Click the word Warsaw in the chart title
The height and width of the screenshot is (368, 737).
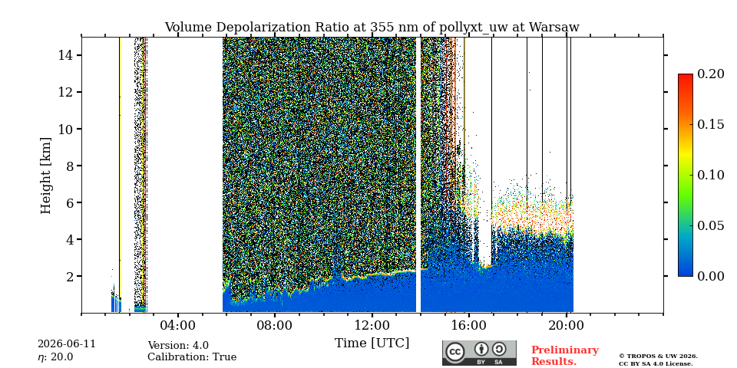554,28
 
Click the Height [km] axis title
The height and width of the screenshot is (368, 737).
45,176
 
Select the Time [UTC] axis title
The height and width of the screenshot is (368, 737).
372,343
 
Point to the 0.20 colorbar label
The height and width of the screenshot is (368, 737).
710,74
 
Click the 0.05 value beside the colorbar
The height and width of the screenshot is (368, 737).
710,225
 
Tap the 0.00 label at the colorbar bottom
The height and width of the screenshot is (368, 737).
710,276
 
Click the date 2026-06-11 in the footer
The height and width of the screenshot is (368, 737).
67,344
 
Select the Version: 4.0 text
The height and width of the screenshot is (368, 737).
178,346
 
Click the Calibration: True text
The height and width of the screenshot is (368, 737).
192,357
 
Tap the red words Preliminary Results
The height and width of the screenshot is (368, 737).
565,356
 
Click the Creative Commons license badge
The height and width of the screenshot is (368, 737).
479,353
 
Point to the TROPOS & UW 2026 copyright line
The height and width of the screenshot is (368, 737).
658,356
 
